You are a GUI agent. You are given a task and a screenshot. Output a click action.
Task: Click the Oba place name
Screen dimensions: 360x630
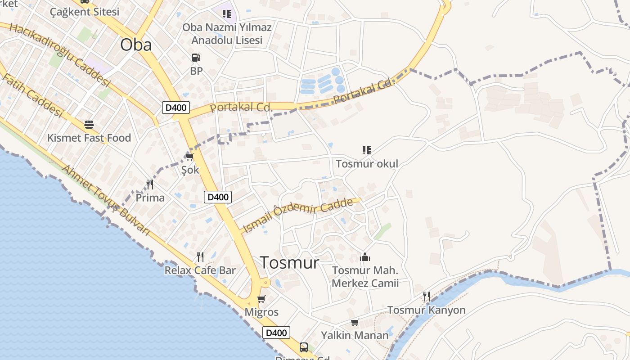(x=136, y=45)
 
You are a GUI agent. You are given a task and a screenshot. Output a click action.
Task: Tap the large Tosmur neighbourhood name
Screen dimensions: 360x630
(x=290, y=262)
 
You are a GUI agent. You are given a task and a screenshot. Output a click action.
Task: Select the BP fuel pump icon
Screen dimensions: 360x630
(x=196, y=58)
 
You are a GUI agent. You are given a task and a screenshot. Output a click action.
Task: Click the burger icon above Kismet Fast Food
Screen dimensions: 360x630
(x=89, y=124)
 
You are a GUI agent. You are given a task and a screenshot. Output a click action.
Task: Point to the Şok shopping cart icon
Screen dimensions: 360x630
(x=189, y=157)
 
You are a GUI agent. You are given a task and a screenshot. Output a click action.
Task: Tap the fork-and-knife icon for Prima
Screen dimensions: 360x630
(x=150, y=184)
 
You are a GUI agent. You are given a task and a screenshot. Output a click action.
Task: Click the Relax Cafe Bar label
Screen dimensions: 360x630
(x=200, y=270)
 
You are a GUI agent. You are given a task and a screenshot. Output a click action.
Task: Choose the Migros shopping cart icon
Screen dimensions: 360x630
(x=261, y=299)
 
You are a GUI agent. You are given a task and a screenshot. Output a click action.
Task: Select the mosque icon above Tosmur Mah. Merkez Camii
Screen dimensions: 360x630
(x=365, y=257)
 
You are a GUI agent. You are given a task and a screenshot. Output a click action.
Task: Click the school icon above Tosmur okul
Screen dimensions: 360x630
(x=367, y=150)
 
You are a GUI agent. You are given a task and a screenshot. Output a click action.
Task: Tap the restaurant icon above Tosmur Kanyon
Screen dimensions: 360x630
(x=426, y=297)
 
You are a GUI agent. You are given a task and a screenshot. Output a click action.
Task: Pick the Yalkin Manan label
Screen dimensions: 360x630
(x=355, y=335)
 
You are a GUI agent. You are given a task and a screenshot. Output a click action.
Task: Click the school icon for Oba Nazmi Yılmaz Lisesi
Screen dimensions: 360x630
(x=227, y=14)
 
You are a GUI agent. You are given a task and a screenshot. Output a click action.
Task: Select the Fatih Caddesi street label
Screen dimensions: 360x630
(x=32, y=95)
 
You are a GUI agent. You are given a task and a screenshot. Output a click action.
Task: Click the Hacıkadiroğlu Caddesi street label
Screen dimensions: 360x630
(x=60, y=55)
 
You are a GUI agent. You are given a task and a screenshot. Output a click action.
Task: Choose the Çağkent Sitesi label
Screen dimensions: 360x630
(x=85, y=12)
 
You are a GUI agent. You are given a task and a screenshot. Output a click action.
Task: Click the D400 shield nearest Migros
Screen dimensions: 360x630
(x=276, y=333)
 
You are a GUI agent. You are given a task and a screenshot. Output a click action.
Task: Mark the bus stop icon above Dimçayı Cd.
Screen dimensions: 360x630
(x=304, y=347)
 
